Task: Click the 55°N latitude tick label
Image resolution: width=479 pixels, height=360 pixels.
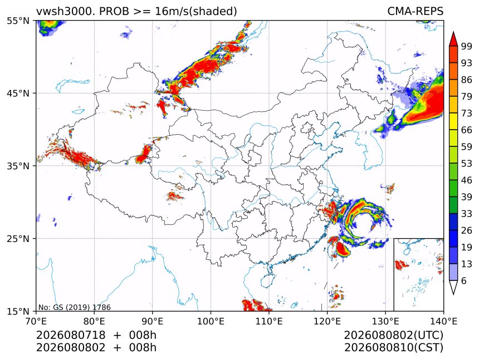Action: click(18, 21)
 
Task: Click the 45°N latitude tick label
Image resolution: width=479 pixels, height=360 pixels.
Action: click(18, 93)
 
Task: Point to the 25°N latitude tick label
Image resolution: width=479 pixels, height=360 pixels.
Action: click(18, 239)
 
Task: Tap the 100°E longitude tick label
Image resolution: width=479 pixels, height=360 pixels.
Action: click(211, 321)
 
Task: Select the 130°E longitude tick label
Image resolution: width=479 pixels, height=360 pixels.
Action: click(385, 321)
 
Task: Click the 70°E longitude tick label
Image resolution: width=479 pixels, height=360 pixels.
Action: click(36, 321)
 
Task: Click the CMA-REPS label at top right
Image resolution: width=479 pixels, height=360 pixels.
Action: click(415, 11)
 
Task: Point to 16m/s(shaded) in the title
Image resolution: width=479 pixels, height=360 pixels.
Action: click(196, 12)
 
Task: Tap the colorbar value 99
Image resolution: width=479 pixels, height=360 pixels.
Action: click(467, 46)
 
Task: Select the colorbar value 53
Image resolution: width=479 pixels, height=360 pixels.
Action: click(467, 164)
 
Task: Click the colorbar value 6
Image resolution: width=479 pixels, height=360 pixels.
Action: click(464, 280)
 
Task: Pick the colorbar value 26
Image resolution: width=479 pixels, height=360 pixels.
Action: click(467, 230)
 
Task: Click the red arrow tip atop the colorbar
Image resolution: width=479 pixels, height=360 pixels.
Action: click(453, 32)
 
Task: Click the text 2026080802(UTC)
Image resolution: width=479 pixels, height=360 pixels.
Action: click(393, 335)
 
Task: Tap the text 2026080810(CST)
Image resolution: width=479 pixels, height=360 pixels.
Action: click(393, 348)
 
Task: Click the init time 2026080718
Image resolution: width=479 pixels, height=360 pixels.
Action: click(71, 335)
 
